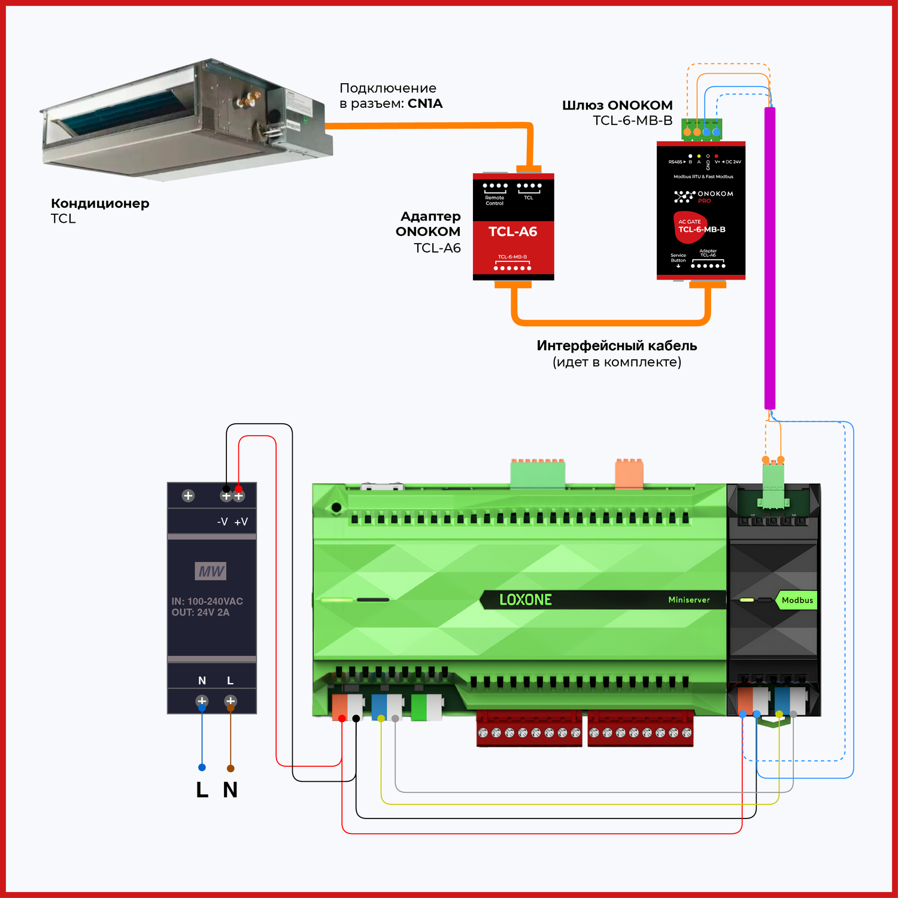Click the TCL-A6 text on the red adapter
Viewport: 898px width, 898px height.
click(512, 232)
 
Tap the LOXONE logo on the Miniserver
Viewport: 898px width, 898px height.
click(525, 599)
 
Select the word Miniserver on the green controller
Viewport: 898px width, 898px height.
click(688, 600)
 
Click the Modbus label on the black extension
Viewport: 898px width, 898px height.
click(797, 600)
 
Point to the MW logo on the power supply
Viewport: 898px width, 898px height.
click(211, 571)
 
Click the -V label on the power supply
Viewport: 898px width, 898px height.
click(222, 522)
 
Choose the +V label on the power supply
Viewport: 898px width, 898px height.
click(241, 522)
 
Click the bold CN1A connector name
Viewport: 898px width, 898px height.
click(425, 104)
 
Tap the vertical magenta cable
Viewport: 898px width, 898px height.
click(770, 257)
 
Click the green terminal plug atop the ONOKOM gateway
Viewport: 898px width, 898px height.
click(702, 129)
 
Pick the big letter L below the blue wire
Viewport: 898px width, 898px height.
click(202, 790)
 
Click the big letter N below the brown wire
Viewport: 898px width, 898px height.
click(230, 790)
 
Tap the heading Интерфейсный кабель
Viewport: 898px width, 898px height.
click(617, 346)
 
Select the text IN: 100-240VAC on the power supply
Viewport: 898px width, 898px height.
click(207, 601)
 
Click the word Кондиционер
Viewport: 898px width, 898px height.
click(100, 204)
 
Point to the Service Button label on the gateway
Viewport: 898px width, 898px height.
click(678, 258)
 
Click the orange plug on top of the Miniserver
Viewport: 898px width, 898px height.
click(629, 473)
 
